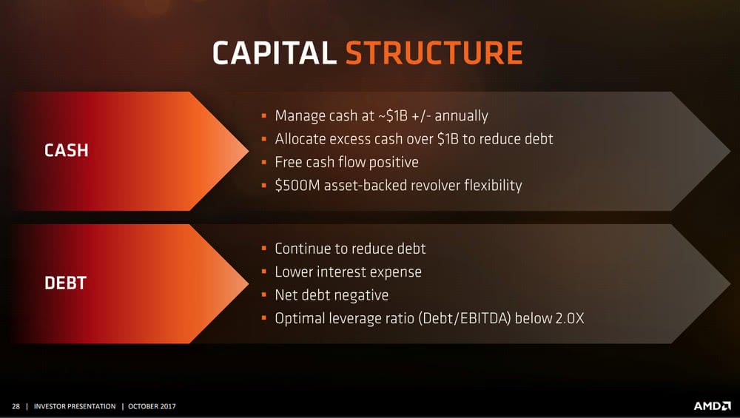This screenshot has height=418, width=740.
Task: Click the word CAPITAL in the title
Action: click(x=275, y=53)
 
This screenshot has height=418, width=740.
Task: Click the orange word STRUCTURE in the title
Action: click(x=434, y=53)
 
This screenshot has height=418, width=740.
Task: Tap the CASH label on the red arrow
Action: click(x=66, y=150)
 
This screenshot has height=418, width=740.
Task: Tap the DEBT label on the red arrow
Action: click(x=65, y=283)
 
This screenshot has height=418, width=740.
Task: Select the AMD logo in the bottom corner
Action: click(x=712, y=405)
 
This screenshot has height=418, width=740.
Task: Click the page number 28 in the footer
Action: click(x=16, y=406)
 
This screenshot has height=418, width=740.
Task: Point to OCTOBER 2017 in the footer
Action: click(x=152, y=406)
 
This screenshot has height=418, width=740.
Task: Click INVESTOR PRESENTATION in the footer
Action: click(x=75, y=406)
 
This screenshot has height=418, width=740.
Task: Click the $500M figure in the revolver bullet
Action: click(x=297, y=185)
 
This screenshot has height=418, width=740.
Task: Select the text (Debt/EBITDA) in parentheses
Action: click(x=465, y=318)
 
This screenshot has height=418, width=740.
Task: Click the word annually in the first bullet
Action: click(x=461, y=116)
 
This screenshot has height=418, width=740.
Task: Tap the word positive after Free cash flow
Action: click(x=394, y=163)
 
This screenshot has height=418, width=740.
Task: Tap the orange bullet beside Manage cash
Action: click(x=264, y=115)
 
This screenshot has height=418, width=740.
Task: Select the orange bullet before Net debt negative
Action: click(x=264, y=295)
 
